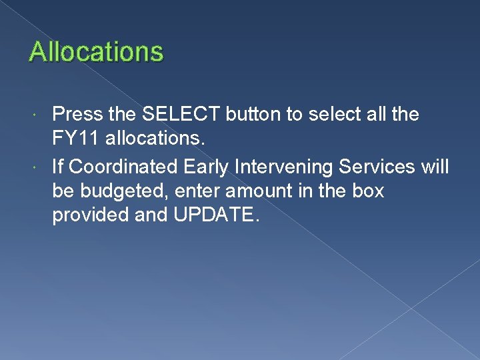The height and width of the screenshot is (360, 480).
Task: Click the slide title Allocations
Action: pos(96,51)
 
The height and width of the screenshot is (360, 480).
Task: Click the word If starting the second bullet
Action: pos(59,166)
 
